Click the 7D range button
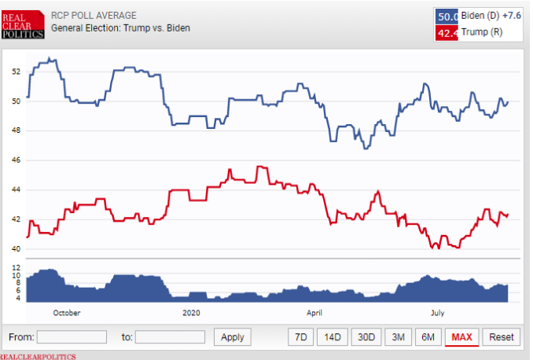point(300,337)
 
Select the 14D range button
point(333,337)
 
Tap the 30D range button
point(366,337)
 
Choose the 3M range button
point(399,337)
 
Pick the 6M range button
point(428,337)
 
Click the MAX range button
point(461,337)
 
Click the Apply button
point(233,337)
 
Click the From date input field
point(72,337)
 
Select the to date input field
point(170,337)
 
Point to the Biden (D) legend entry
point(480,16)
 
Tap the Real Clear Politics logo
point(22,23)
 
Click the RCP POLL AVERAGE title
point(94,15)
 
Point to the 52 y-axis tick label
point(17,72)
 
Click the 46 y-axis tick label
point(17,160)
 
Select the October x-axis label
point(67,312)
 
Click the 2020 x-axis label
point(192,312)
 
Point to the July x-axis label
point(439,312)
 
